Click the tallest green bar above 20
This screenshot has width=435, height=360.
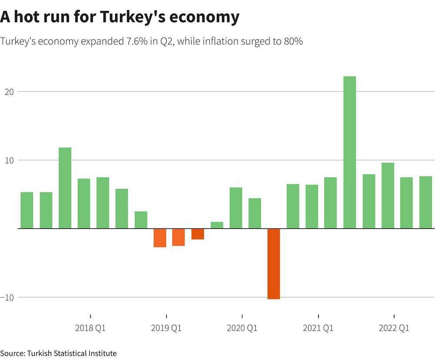click(x=349, y=152)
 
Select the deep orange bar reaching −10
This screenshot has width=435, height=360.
click(x=274, y=264)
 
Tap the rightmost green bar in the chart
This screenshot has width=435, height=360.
click(x=425, y=202)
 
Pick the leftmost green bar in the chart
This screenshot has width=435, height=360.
click(x=27, y=210)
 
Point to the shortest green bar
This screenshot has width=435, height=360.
click(x=217, y=225)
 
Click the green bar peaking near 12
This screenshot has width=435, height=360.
click(x=65, y=188)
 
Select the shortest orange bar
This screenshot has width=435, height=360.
click(x=197, y=234)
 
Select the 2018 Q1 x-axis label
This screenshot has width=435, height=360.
click(x=90, y=328)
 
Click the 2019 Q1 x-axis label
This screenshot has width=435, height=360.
click(x=166, y=328)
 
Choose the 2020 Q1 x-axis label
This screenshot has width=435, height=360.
click(x=242, y=328)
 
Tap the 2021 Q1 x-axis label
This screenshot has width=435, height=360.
click(x=318, y=328)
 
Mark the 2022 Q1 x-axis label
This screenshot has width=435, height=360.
click(x=394, y=328)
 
